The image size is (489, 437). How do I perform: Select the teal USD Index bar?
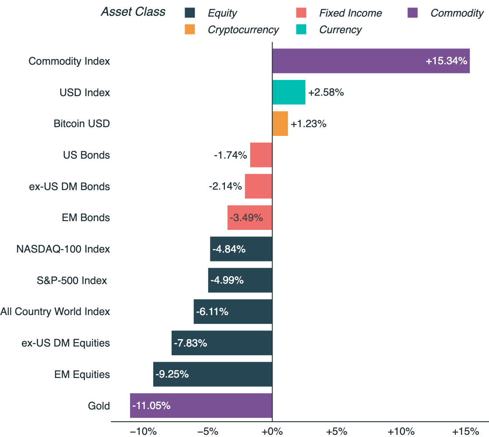click(289, 92)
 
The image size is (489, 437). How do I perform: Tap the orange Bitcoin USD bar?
click(280, 124)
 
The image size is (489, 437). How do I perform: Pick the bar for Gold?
click(201, 406)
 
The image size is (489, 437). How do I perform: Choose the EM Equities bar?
click(213, 374)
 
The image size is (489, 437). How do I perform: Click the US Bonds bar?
click(261, 155)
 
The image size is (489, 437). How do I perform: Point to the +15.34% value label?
click(446, 61)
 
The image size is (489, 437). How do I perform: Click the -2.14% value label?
click(225, 187)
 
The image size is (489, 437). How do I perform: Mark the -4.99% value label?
click(227, 280)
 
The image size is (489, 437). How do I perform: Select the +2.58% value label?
click(326, 93)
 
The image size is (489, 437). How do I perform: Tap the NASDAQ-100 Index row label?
click(63, 249)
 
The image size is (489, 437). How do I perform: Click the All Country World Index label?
click(55, 312)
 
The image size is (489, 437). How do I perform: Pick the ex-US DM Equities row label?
click(65, 343)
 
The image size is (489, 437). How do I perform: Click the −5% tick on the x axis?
click(207, 432)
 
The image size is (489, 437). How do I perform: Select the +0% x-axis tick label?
click(272, 432)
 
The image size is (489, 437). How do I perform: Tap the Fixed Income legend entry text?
click(351, 13)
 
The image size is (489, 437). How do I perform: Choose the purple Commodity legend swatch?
click(413, 13)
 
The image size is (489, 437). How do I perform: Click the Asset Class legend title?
click(133, 12)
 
